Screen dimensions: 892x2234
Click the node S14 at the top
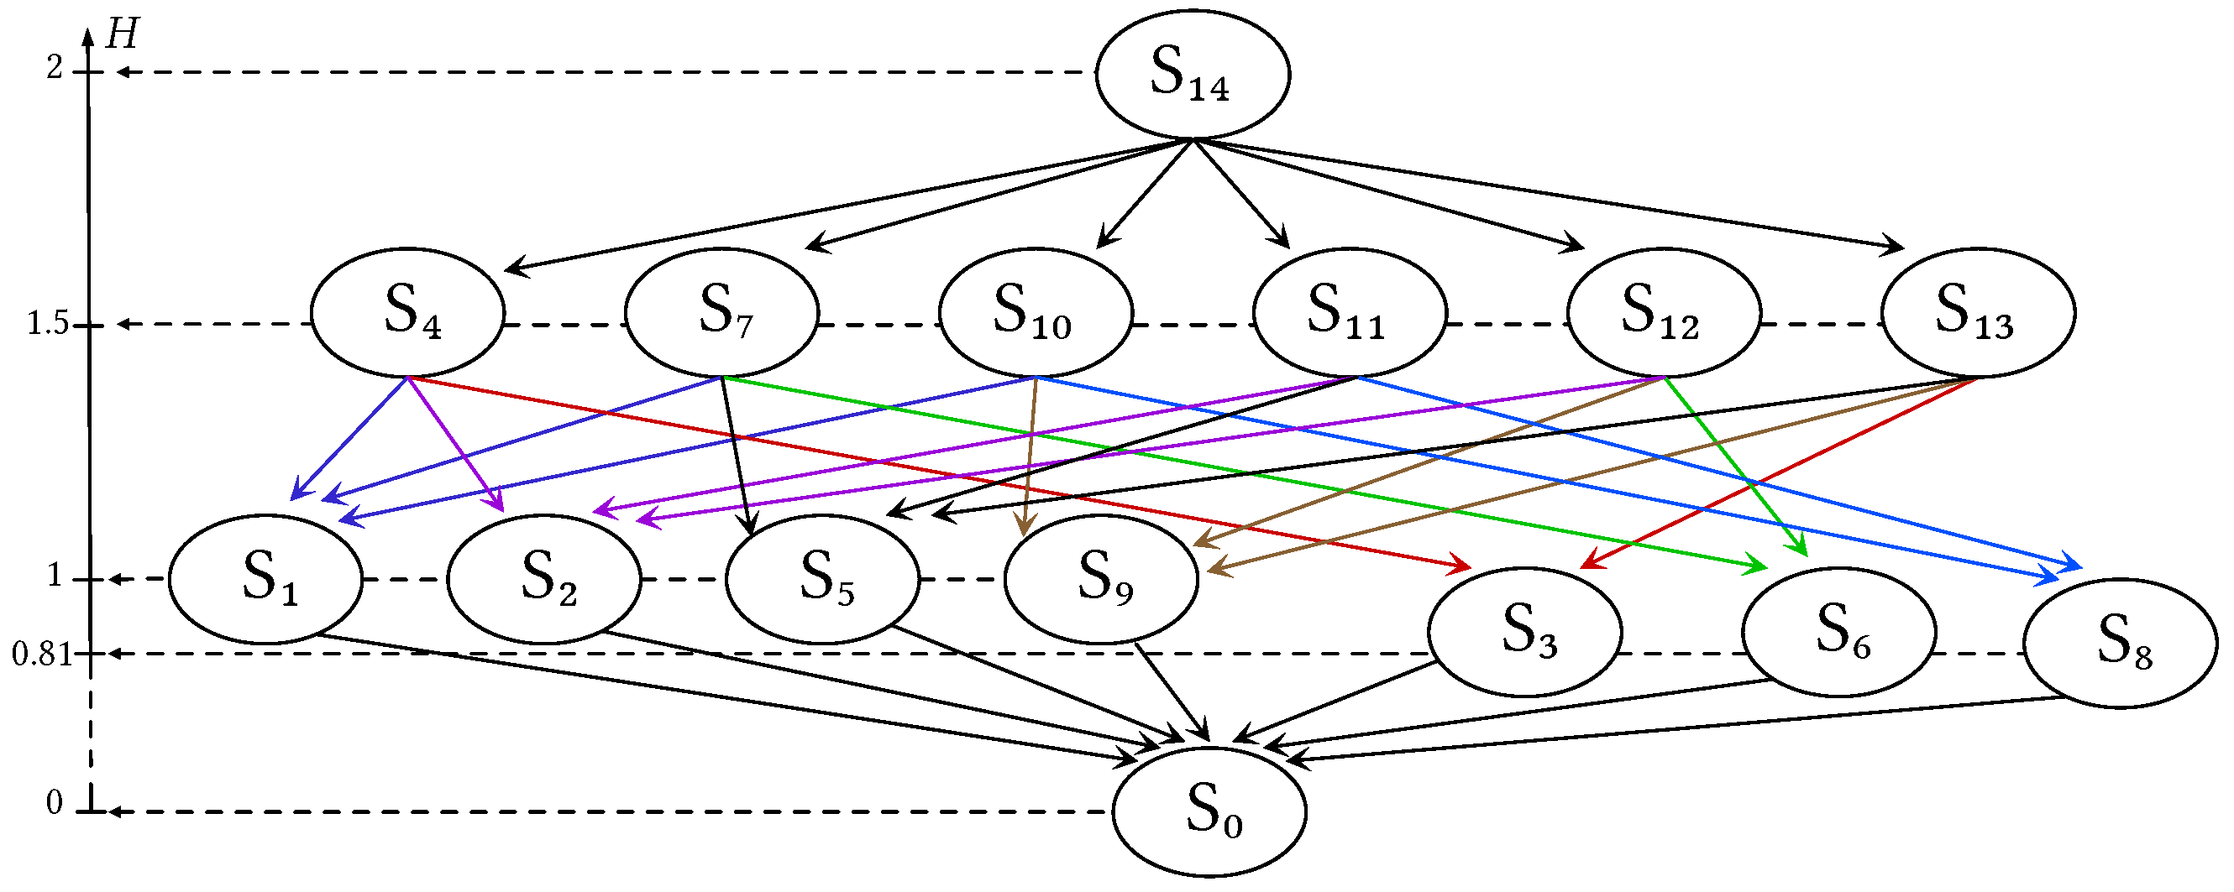click(1193, 75)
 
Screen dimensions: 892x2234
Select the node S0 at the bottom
click(1209, 811)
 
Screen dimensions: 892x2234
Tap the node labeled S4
click(407, 313)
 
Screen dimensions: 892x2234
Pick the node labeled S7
click(721, 313)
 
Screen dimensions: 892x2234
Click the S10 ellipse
click(1036, 313)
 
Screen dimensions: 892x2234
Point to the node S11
click(1350, 313)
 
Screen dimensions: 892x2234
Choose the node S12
click(1664, 313)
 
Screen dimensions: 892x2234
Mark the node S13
click(1978, 313)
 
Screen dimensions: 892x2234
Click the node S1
click(265, 579)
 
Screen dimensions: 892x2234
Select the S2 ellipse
click(543, 579)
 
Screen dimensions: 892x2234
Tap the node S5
click(822, 579)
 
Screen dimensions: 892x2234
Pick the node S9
click(1101, 579)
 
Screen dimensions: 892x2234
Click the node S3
click(1524, 632)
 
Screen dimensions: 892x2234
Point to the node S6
click(1838, 632)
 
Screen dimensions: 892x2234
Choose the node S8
click(2121, 644)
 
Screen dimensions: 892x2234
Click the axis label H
click(122, 35)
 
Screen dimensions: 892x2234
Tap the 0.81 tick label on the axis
click(42, 655)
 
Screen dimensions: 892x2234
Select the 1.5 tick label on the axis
click(48, 324)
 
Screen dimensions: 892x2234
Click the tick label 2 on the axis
click(55, 68)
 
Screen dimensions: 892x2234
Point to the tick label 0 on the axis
click(55, 804)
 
